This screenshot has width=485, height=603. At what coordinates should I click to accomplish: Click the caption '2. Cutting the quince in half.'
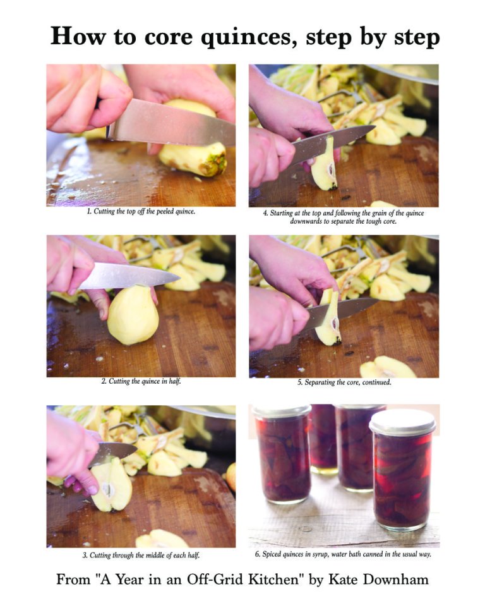(141, 382)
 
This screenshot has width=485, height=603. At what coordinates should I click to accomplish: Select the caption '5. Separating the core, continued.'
(344, 382)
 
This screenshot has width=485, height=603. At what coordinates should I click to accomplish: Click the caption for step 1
(141, 212)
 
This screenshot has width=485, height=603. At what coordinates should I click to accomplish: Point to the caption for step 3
(141, 555)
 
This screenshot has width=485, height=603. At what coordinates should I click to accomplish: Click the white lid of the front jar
(402, 422)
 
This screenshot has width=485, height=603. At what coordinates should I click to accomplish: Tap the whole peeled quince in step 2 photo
(132, 315)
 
